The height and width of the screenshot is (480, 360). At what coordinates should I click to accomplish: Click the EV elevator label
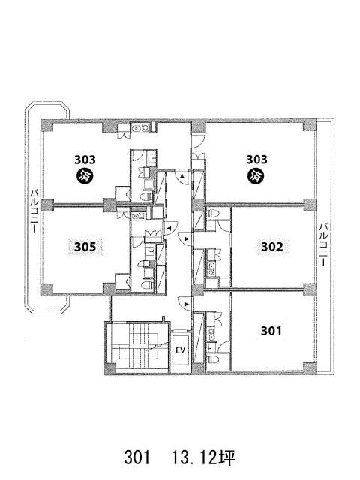[180, 350]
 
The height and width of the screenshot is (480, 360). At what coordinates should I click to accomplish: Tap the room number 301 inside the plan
[271, 331]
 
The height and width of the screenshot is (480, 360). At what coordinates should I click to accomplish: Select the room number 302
[271, 247]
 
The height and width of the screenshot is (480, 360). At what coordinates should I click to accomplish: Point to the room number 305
[85, 247]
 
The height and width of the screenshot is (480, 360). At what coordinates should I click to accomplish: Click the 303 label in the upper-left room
[85, 160]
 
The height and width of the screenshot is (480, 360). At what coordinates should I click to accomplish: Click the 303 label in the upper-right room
[256, 160]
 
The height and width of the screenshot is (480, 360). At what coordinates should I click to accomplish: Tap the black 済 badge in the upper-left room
[85, 176]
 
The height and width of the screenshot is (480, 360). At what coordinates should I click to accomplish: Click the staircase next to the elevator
[139, 346]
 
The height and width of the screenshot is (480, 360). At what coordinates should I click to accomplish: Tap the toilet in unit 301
[213, 358]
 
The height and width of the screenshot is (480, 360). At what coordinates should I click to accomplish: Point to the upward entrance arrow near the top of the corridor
[181, 177]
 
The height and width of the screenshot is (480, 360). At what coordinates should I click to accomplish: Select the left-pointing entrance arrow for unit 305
[168, 228]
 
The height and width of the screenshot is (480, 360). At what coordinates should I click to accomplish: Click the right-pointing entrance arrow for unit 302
[187, 238]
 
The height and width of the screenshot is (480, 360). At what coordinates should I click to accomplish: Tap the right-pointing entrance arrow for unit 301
[187, 304]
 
